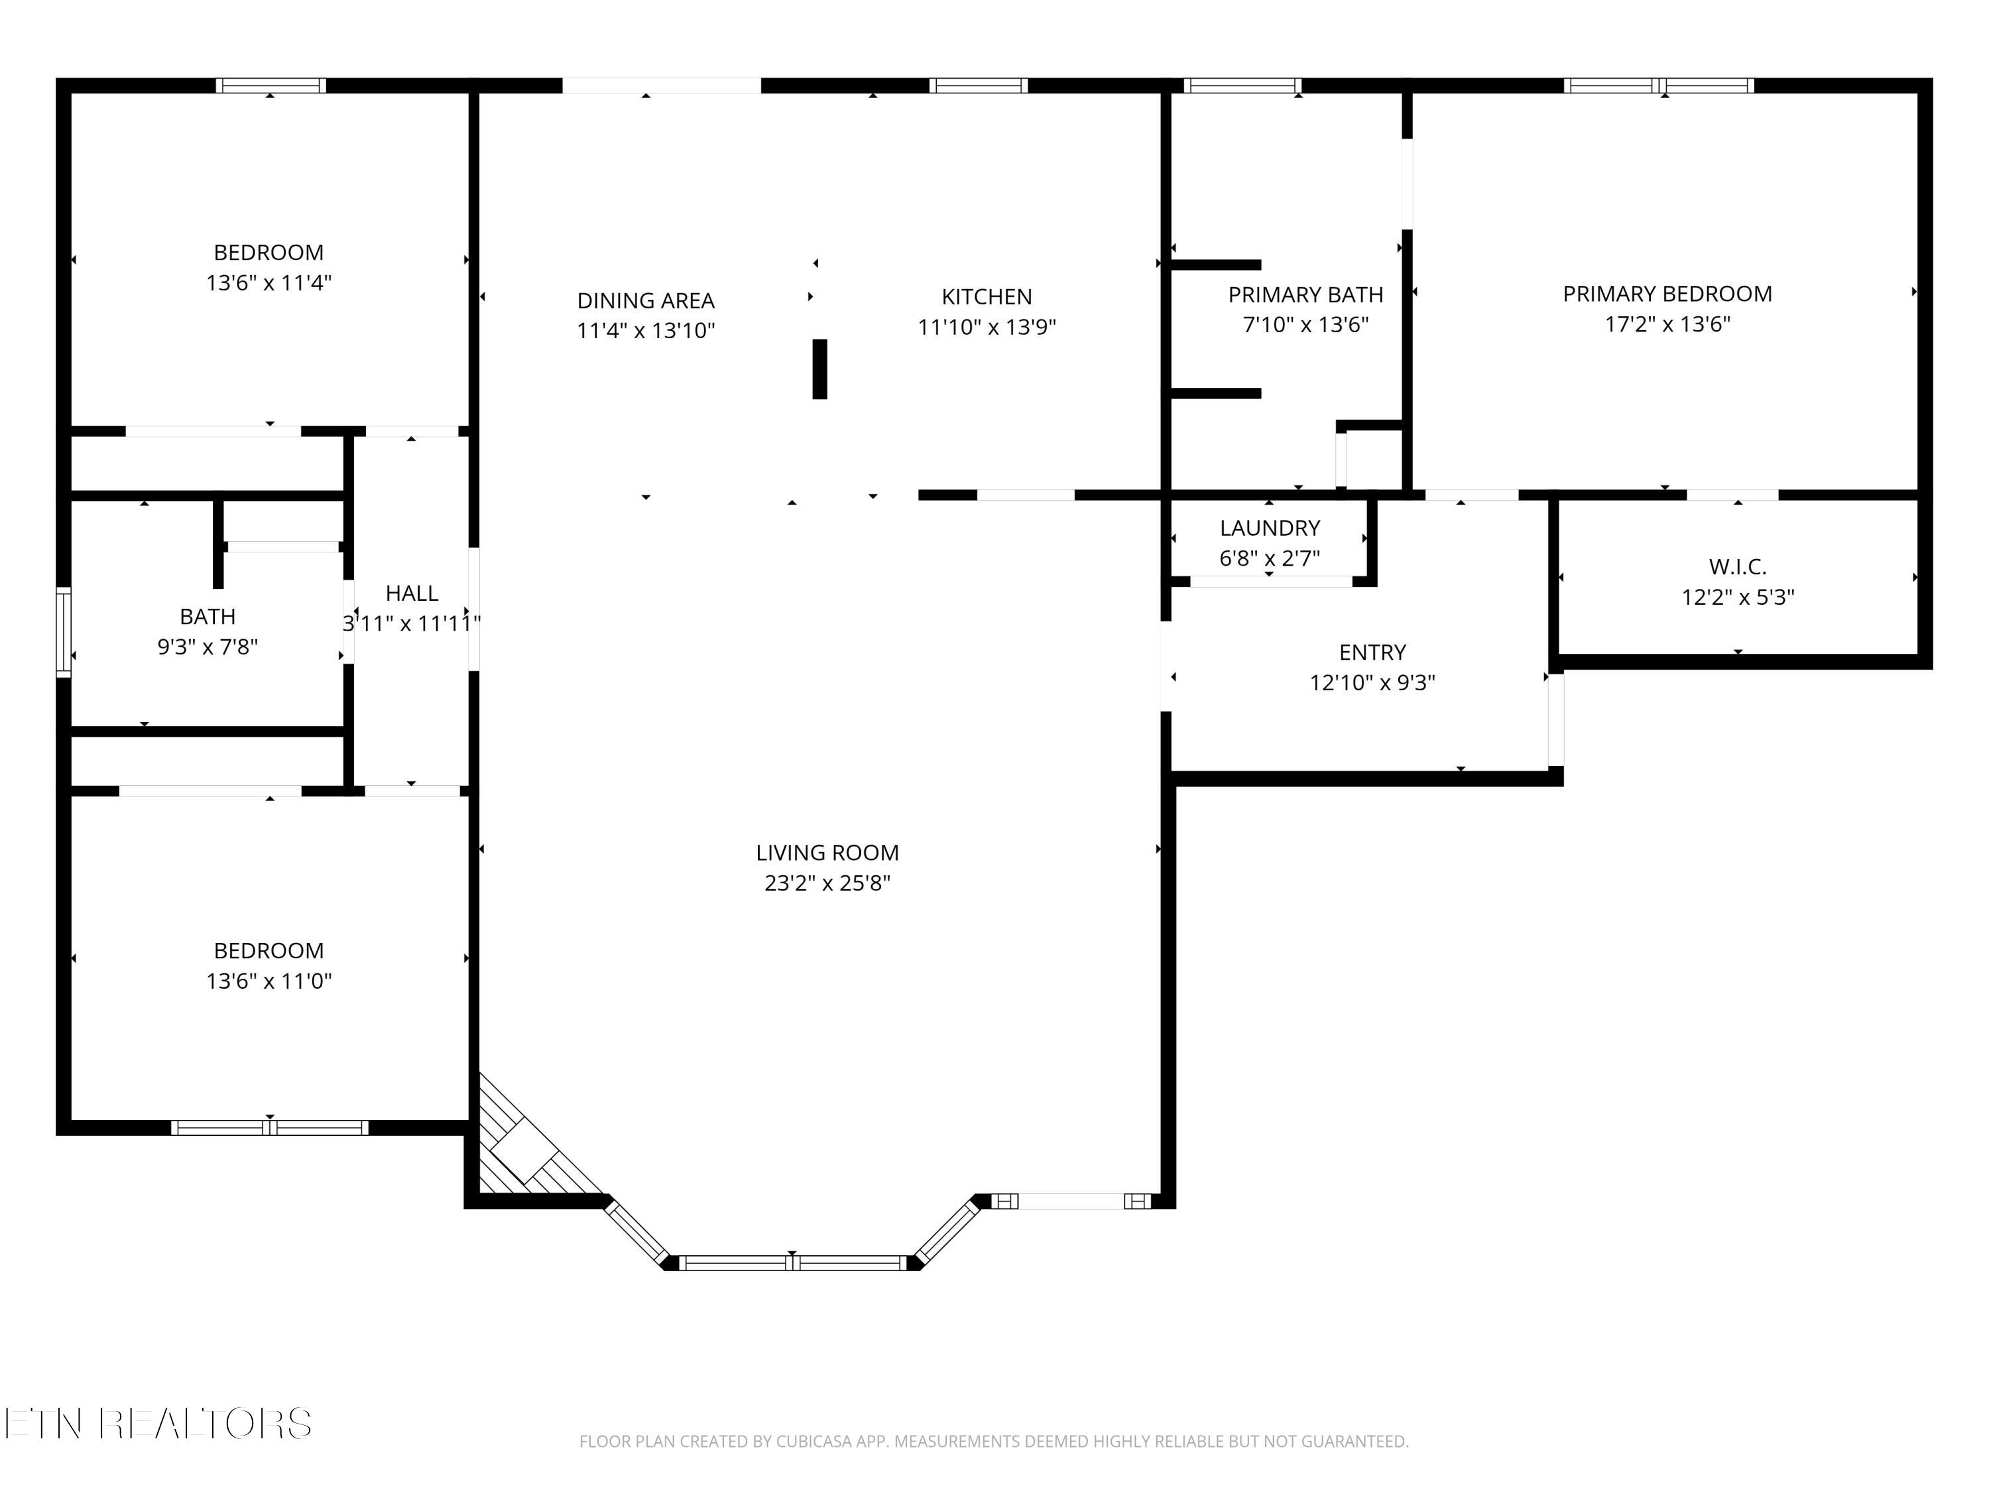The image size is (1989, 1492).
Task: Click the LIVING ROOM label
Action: [827, 853]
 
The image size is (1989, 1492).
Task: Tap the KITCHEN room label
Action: [987, 297]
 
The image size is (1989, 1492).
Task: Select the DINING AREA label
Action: [646, 300]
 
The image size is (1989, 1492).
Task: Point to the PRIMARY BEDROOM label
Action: [1667, 294]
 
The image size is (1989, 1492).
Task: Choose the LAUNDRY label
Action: [1270, 528]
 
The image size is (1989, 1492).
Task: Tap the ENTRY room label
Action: [1372, 652]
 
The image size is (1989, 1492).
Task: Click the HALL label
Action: [412, 593]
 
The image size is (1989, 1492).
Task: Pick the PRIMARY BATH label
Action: [1305, 295]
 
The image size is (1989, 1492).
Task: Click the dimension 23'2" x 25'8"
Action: [827, 883]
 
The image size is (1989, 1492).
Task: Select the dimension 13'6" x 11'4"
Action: [269, 283]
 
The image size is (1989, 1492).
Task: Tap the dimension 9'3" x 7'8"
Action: [208, 647]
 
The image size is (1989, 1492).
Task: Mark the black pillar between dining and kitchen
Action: [820, 369]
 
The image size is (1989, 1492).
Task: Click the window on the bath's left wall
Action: [63, 631]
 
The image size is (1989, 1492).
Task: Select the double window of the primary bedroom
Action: [1659, 86]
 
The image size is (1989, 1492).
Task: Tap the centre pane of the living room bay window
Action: [792, 1263]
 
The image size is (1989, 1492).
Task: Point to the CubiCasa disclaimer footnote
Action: [994, 1442]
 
